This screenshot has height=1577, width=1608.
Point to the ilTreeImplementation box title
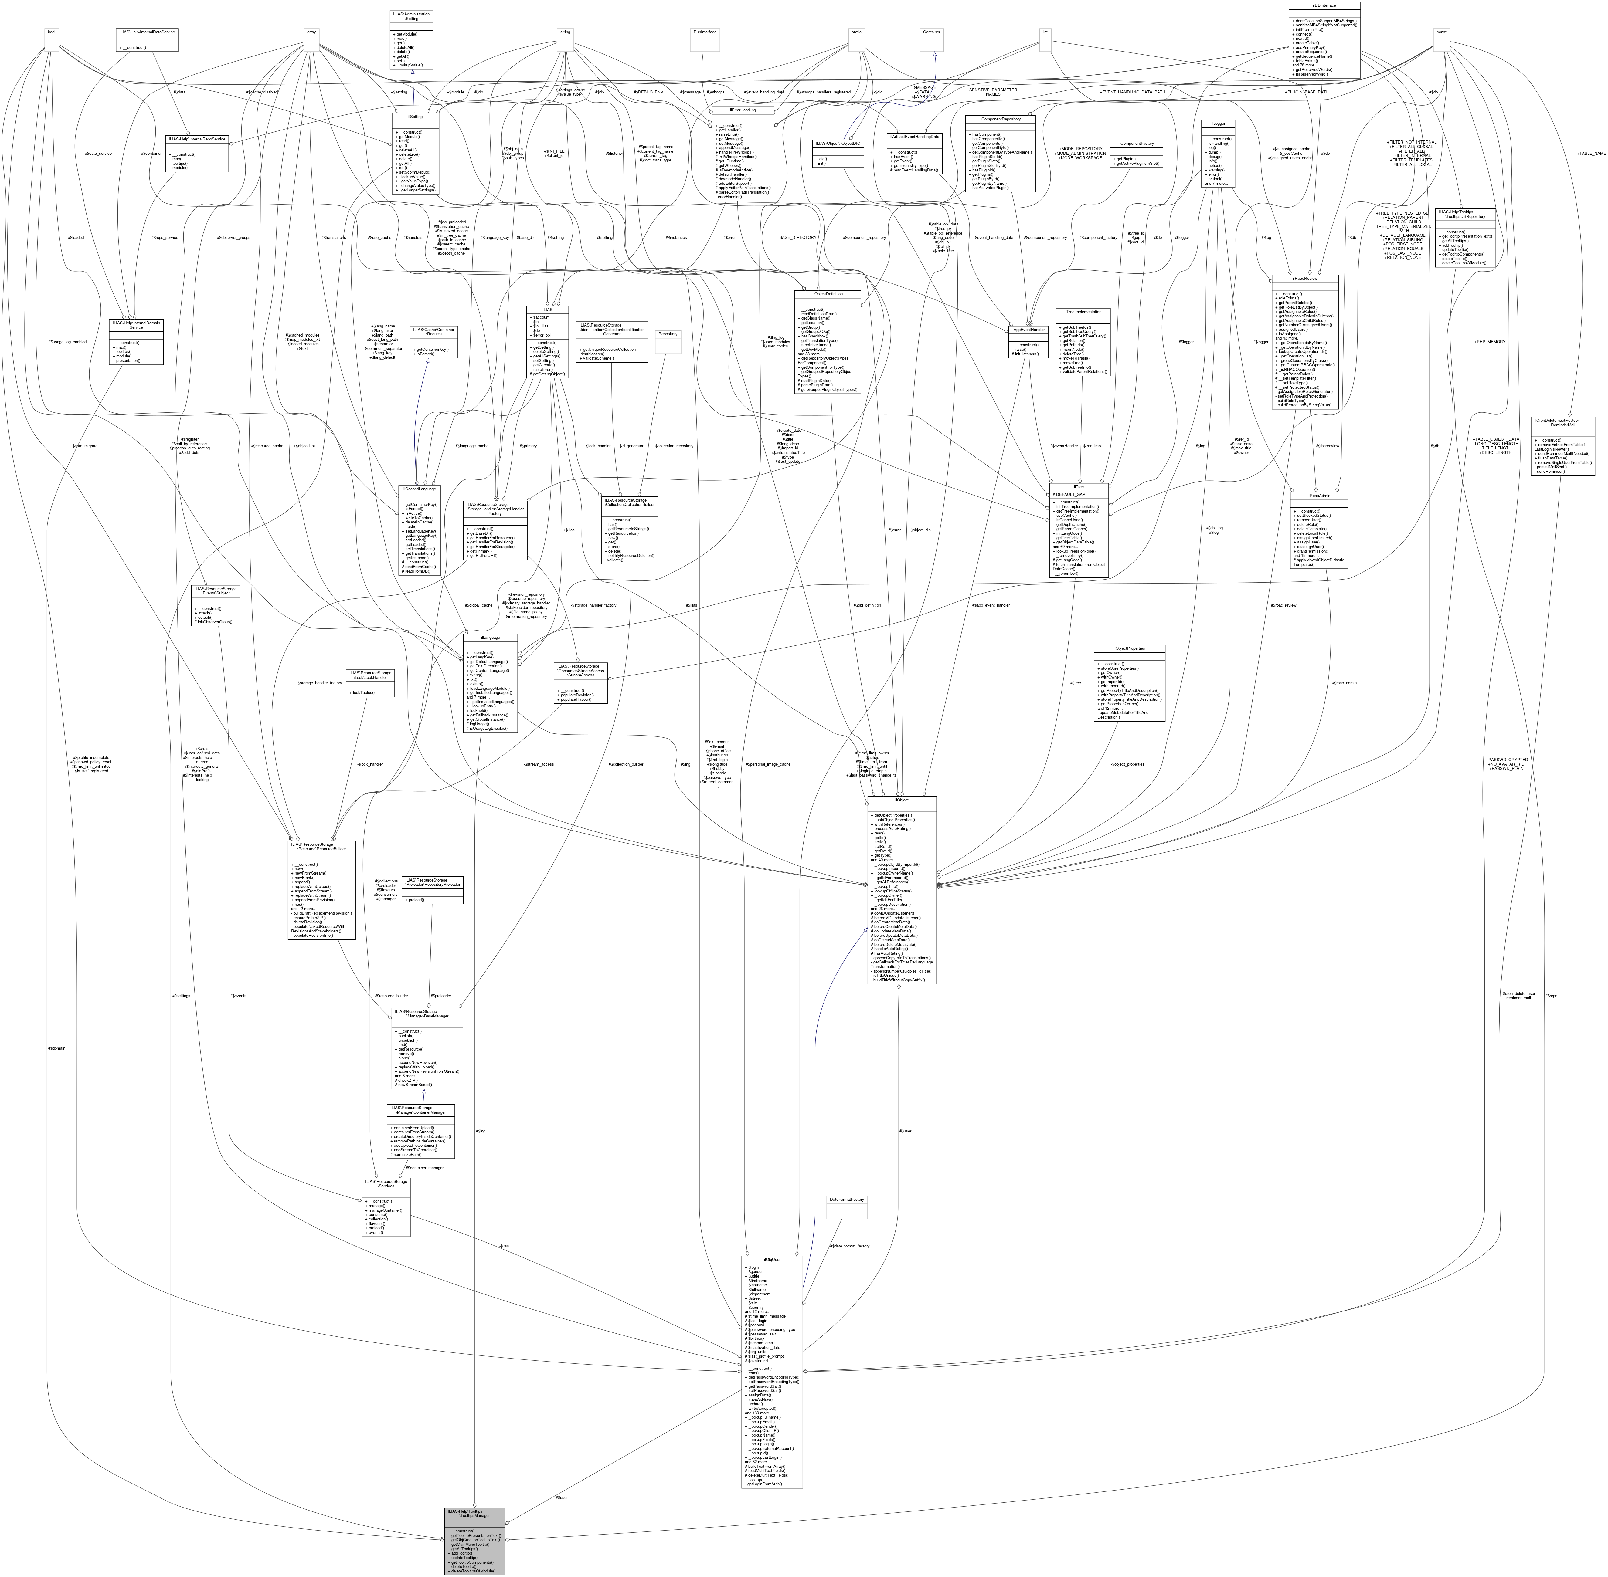point(1082,312)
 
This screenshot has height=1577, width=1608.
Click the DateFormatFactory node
point(847,1199)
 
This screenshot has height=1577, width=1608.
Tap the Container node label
point(934,32)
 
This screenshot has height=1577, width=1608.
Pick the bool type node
point(51,32)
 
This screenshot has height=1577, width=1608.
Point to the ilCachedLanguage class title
point(419,489)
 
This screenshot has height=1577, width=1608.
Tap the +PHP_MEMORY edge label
point(1490,341)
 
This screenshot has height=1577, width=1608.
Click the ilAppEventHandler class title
point(1027,330)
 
